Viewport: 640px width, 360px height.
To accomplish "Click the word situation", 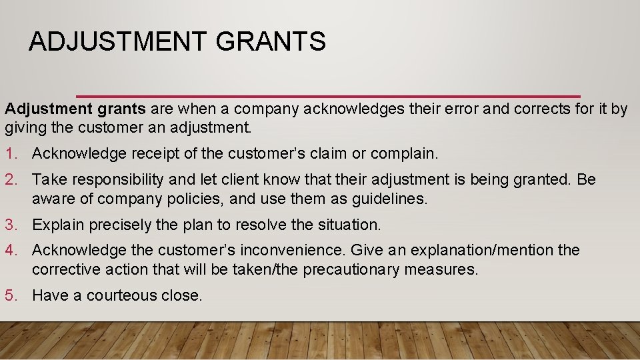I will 349,225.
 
